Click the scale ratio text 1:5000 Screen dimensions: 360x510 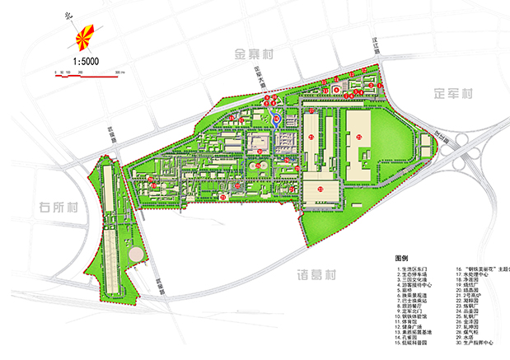86,60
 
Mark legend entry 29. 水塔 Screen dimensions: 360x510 467,337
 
